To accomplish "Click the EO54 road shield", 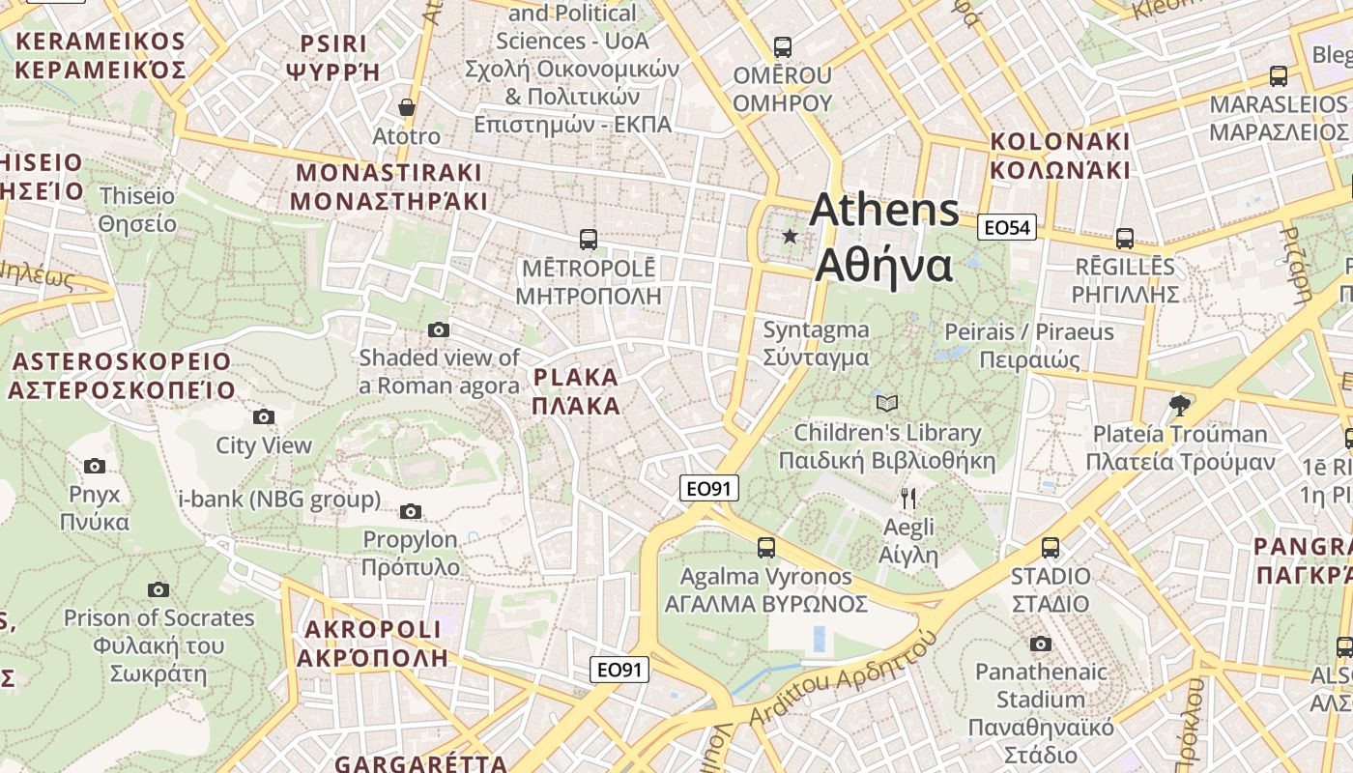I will [1007, 227].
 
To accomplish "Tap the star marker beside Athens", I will [791, 236].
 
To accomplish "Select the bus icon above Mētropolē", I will [588, 239].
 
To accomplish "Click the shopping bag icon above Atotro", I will [407, 107].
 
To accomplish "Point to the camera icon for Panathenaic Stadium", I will [1040, 644].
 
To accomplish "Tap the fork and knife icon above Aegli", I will [907, 499].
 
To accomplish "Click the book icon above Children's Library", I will [886, 403].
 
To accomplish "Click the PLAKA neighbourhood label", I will [576, 390].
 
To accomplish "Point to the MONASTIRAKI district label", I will [389, 186].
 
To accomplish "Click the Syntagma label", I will [816, 343].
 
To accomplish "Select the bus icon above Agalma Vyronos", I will [766, 548].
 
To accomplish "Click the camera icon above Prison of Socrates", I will [158, 589].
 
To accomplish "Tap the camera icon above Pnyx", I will [95, 466].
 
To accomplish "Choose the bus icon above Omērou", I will [783, 46].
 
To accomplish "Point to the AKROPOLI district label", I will [372, 644].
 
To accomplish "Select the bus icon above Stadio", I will [1051, 548].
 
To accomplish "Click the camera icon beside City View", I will [263, 417].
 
